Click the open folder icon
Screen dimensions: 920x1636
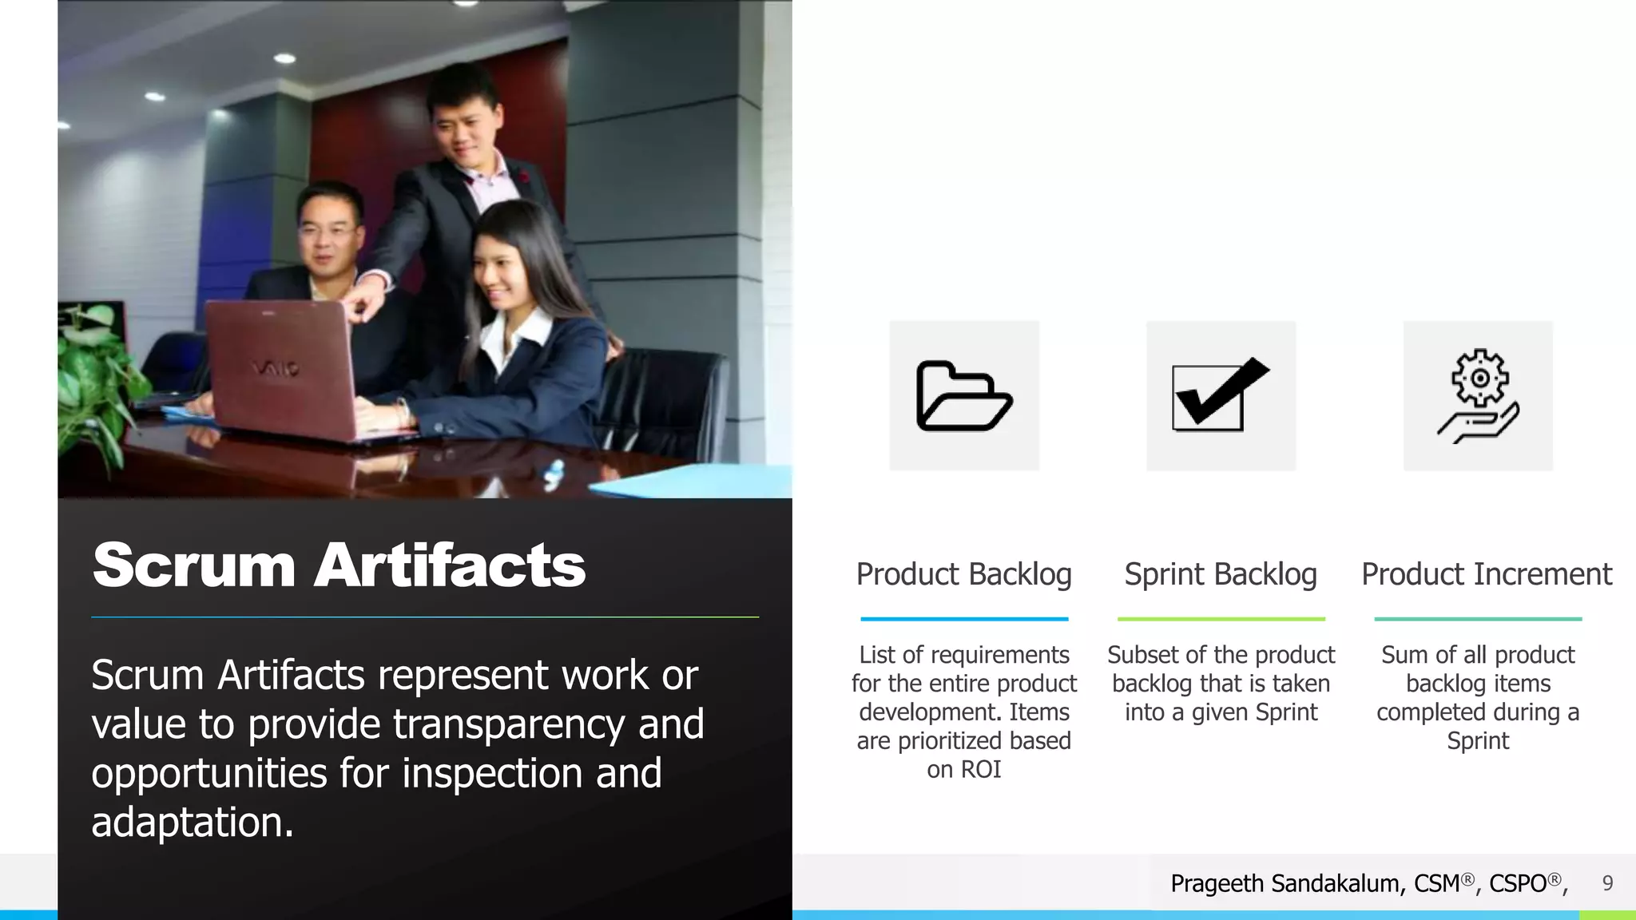coord(964,396)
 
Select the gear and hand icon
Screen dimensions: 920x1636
coord(1478,396)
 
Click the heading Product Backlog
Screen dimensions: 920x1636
coord(963,574)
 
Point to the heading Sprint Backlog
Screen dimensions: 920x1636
coord(1221,574)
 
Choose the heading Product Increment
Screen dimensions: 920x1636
coord(1487,574)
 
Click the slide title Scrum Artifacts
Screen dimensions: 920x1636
coord(339,565)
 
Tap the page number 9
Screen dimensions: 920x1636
coord(1607,883)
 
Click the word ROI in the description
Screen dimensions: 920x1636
coord(980,769)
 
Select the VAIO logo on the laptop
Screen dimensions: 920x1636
coord(276,368)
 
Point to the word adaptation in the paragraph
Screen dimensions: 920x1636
coord(192,822)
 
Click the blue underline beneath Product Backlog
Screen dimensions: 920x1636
coord(964,619)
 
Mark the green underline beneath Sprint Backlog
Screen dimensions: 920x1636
coord(1221,619)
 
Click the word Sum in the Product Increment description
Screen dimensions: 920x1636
coord(1404,655)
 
